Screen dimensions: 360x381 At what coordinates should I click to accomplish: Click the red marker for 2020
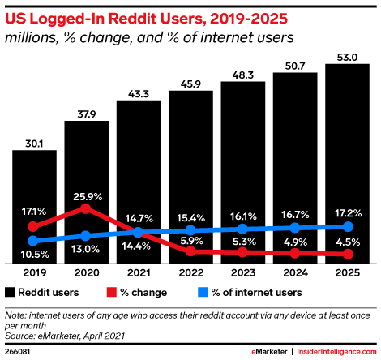pyautogui.click(x=87, y=209)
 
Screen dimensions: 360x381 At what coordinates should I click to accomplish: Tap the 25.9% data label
pyautogui.click(x=87, y=195)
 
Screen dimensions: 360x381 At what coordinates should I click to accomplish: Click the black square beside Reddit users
pyautogui.click(x=10, y=292)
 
